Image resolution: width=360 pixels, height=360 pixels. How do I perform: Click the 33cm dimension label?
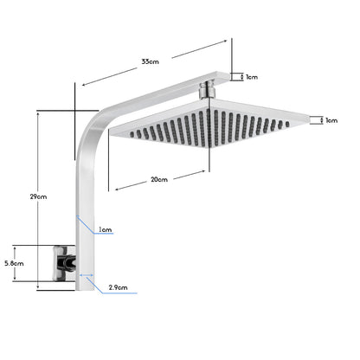point(151,61)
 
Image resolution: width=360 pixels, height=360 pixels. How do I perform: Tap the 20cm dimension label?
point(158,180)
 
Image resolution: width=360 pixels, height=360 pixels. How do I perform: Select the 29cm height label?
point(38,197)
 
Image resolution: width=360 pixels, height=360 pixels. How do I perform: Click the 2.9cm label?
point(119,286)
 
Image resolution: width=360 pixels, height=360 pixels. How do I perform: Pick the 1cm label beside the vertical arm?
point(105,230)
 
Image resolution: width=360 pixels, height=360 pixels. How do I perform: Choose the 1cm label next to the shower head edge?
point(331,120)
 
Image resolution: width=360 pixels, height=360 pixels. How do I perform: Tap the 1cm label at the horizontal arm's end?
point(251,77)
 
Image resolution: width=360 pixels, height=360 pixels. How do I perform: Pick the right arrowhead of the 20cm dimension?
point(204,171)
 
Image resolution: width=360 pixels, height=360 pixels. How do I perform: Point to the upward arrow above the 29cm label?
point(38,112)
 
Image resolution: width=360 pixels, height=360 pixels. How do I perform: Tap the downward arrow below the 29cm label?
point(38,286)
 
